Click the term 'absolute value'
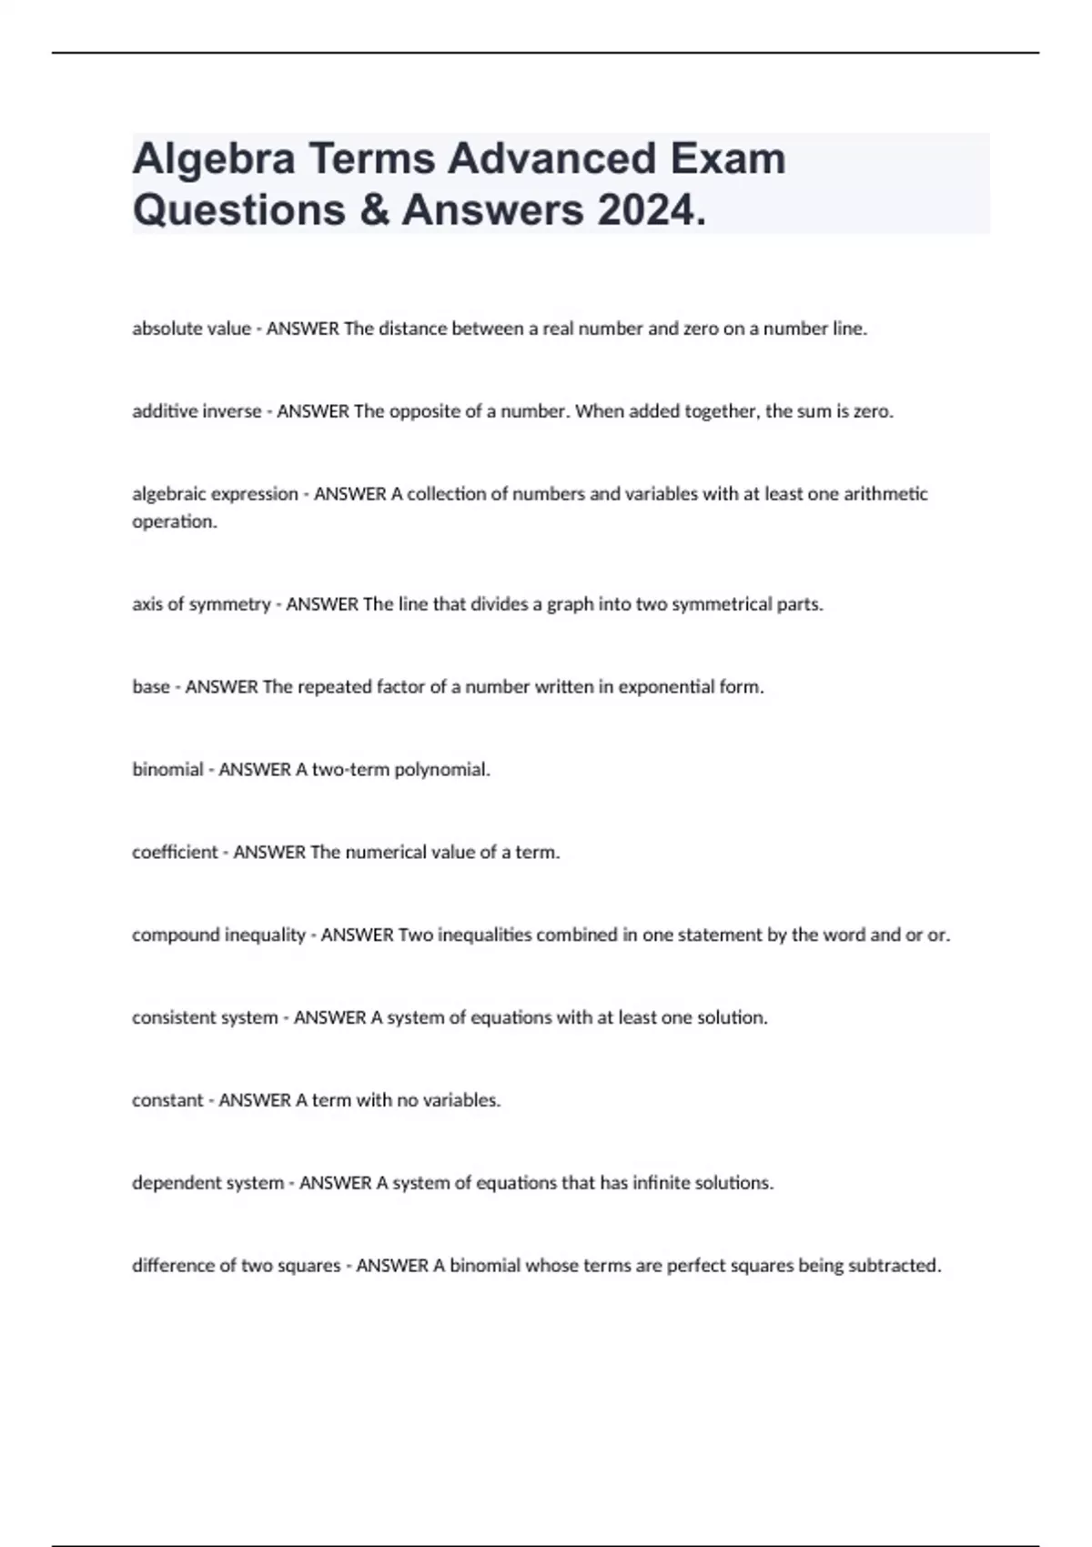(191, 329)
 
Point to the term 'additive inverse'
(197, 411)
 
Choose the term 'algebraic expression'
(215, 494)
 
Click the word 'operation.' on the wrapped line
(175, 522)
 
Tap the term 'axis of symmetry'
(201, 604)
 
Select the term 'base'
(151, 687)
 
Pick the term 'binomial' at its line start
(167, 770)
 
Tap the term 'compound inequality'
(218, 935)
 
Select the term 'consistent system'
(205, 1017)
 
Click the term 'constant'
(167, 1100)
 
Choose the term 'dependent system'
(207, 1183)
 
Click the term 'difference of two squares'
(237, 1266)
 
